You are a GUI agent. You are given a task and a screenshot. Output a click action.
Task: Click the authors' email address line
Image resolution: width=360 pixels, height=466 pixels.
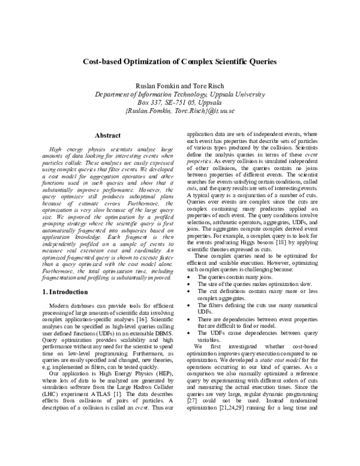(180, 111)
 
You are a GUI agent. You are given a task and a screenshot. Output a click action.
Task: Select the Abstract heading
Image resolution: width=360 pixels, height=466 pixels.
(108, 136)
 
